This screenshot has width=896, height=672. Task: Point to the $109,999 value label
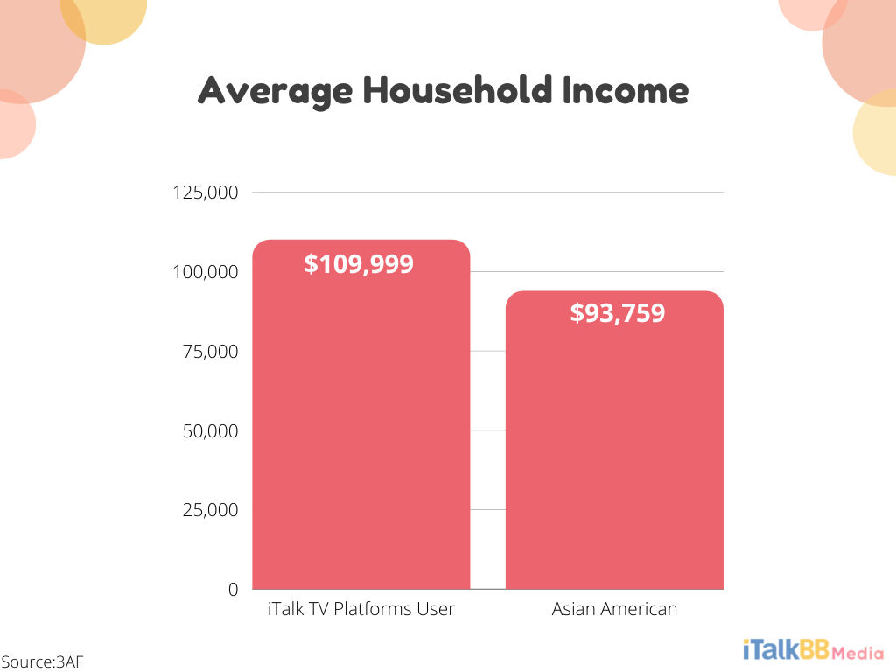pos(359,264)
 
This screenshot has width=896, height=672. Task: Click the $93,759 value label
pos(617,313)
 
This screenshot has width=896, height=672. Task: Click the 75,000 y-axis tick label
pos(211,352)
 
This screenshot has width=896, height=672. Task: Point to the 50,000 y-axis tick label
pos(210,431)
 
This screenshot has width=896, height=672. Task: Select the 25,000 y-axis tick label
pos(210,510)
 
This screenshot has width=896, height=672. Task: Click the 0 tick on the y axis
pos(233,590)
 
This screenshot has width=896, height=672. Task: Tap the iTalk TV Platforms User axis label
pos(361,609)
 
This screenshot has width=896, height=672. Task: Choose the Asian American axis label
pos(614,609)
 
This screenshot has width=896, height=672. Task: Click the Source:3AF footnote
pos(42,661)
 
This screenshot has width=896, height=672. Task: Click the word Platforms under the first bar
pos(378,609)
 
